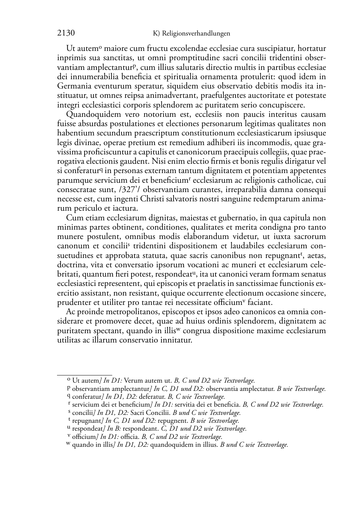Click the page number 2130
(x=66, y=33)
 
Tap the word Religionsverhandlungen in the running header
(x=196, y=34)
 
